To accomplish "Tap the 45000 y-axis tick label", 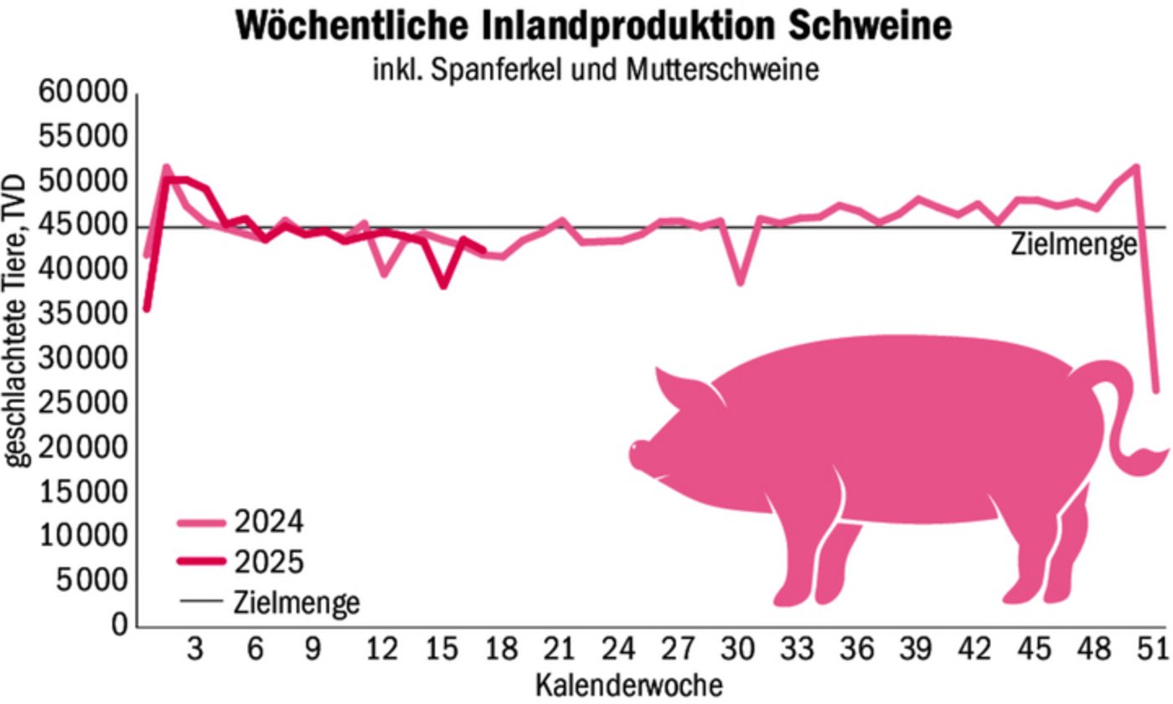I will [x=83, y=226].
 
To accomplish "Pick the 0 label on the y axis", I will [x=121, y=625].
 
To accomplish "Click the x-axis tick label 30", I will [x=738, y=650].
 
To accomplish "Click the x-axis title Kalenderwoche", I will [x=628, y=684].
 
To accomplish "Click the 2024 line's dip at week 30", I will [x=740, y=282].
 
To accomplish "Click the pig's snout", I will [x=638, y=453].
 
